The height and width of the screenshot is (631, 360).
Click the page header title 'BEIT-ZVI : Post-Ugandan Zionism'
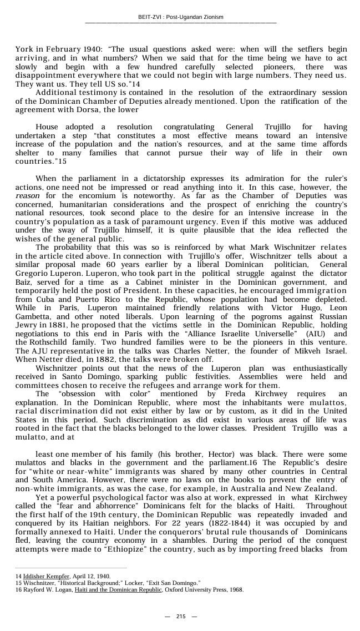(x=180, y=17)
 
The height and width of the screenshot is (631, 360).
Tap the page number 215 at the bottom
(x=181, y=617)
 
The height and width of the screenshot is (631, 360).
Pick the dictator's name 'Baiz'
(x=24, y=282)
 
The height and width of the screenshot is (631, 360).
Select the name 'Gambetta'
(x=33, y=316)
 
